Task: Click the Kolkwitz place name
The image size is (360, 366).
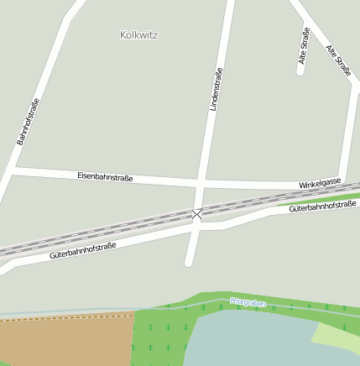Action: pyautogui.click(x=139, y=35)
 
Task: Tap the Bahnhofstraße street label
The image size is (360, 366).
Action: pyautogui.click(x=29, y=122)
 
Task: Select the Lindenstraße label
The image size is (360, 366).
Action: pyautogui.click(x=217, y=90)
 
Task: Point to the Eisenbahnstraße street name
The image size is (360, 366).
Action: pyautogui.click(x=105, y=176)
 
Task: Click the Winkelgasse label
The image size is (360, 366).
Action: pyautogui.click(x=320, y=183)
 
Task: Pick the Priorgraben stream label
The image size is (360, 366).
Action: pyautogui.click(x=248, y=302)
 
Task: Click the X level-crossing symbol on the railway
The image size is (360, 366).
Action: pyautogui.click(x=197, y=214)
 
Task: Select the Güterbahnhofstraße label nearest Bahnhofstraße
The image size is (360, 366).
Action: pyautogui.click(x=82, y=249)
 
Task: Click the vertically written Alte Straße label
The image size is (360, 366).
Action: pyautogui.click(x=304, y=46)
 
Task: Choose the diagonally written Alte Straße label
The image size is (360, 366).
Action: pyautogui.click(x=338, y=60)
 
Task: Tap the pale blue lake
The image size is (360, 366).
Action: pyautogui.click(x=252, y=340)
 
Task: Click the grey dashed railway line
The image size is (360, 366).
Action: pyautogui.click(x=101, y=232)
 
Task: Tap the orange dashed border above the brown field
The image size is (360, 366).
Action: pyautogui.click(x=67, y=317)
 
